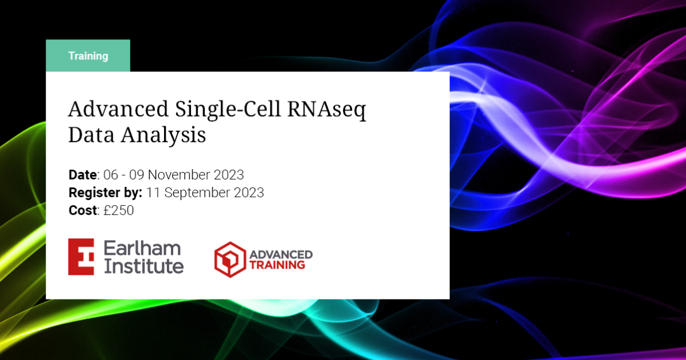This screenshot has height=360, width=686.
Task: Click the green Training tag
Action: [88, 56]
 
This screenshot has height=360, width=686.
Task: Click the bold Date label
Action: [83, 174]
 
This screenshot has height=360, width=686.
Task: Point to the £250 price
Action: [118, 210]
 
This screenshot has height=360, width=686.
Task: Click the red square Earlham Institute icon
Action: [81, 257]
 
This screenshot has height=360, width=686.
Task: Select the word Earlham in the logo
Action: [142, 248]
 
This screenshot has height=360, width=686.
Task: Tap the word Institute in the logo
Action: [143, 266]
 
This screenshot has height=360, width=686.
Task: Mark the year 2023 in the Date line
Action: [230, 174]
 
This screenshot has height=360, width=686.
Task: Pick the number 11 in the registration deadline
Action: [153, 193]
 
